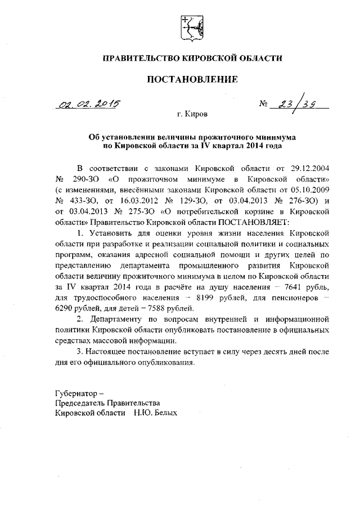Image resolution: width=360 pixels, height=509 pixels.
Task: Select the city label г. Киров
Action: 192,114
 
